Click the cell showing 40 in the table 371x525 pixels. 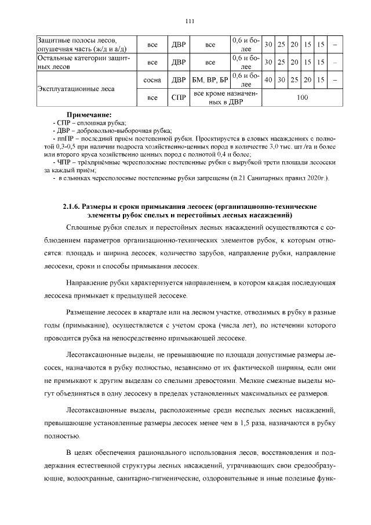click(x=268, y=79)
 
